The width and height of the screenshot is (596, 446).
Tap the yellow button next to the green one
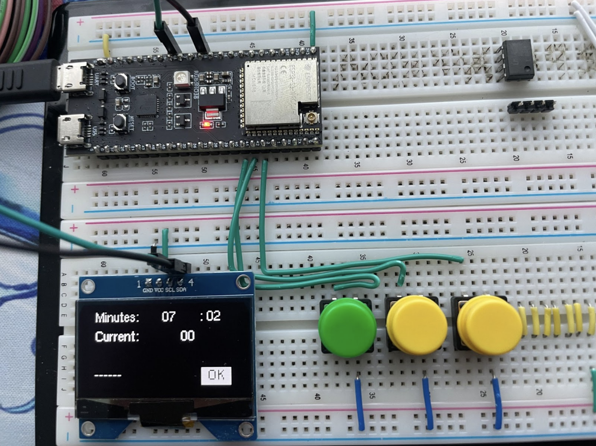point(416,324)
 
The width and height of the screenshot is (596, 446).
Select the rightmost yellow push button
point(488,325)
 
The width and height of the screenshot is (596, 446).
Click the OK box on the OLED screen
point(216,375)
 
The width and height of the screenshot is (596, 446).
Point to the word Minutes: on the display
point(117,317)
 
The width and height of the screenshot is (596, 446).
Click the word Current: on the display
point(117,336)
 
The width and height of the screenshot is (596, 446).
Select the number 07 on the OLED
point(168,317)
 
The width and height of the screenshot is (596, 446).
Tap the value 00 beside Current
point(187,336)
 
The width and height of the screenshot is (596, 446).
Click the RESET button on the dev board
point(119,121)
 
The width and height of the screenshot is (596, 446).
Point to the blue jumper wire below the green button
point(360,402)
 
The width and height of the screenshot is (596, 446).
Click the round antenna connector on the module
point(310,118)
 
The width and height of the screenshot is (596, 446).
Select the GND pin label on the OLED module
point(147,290)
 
